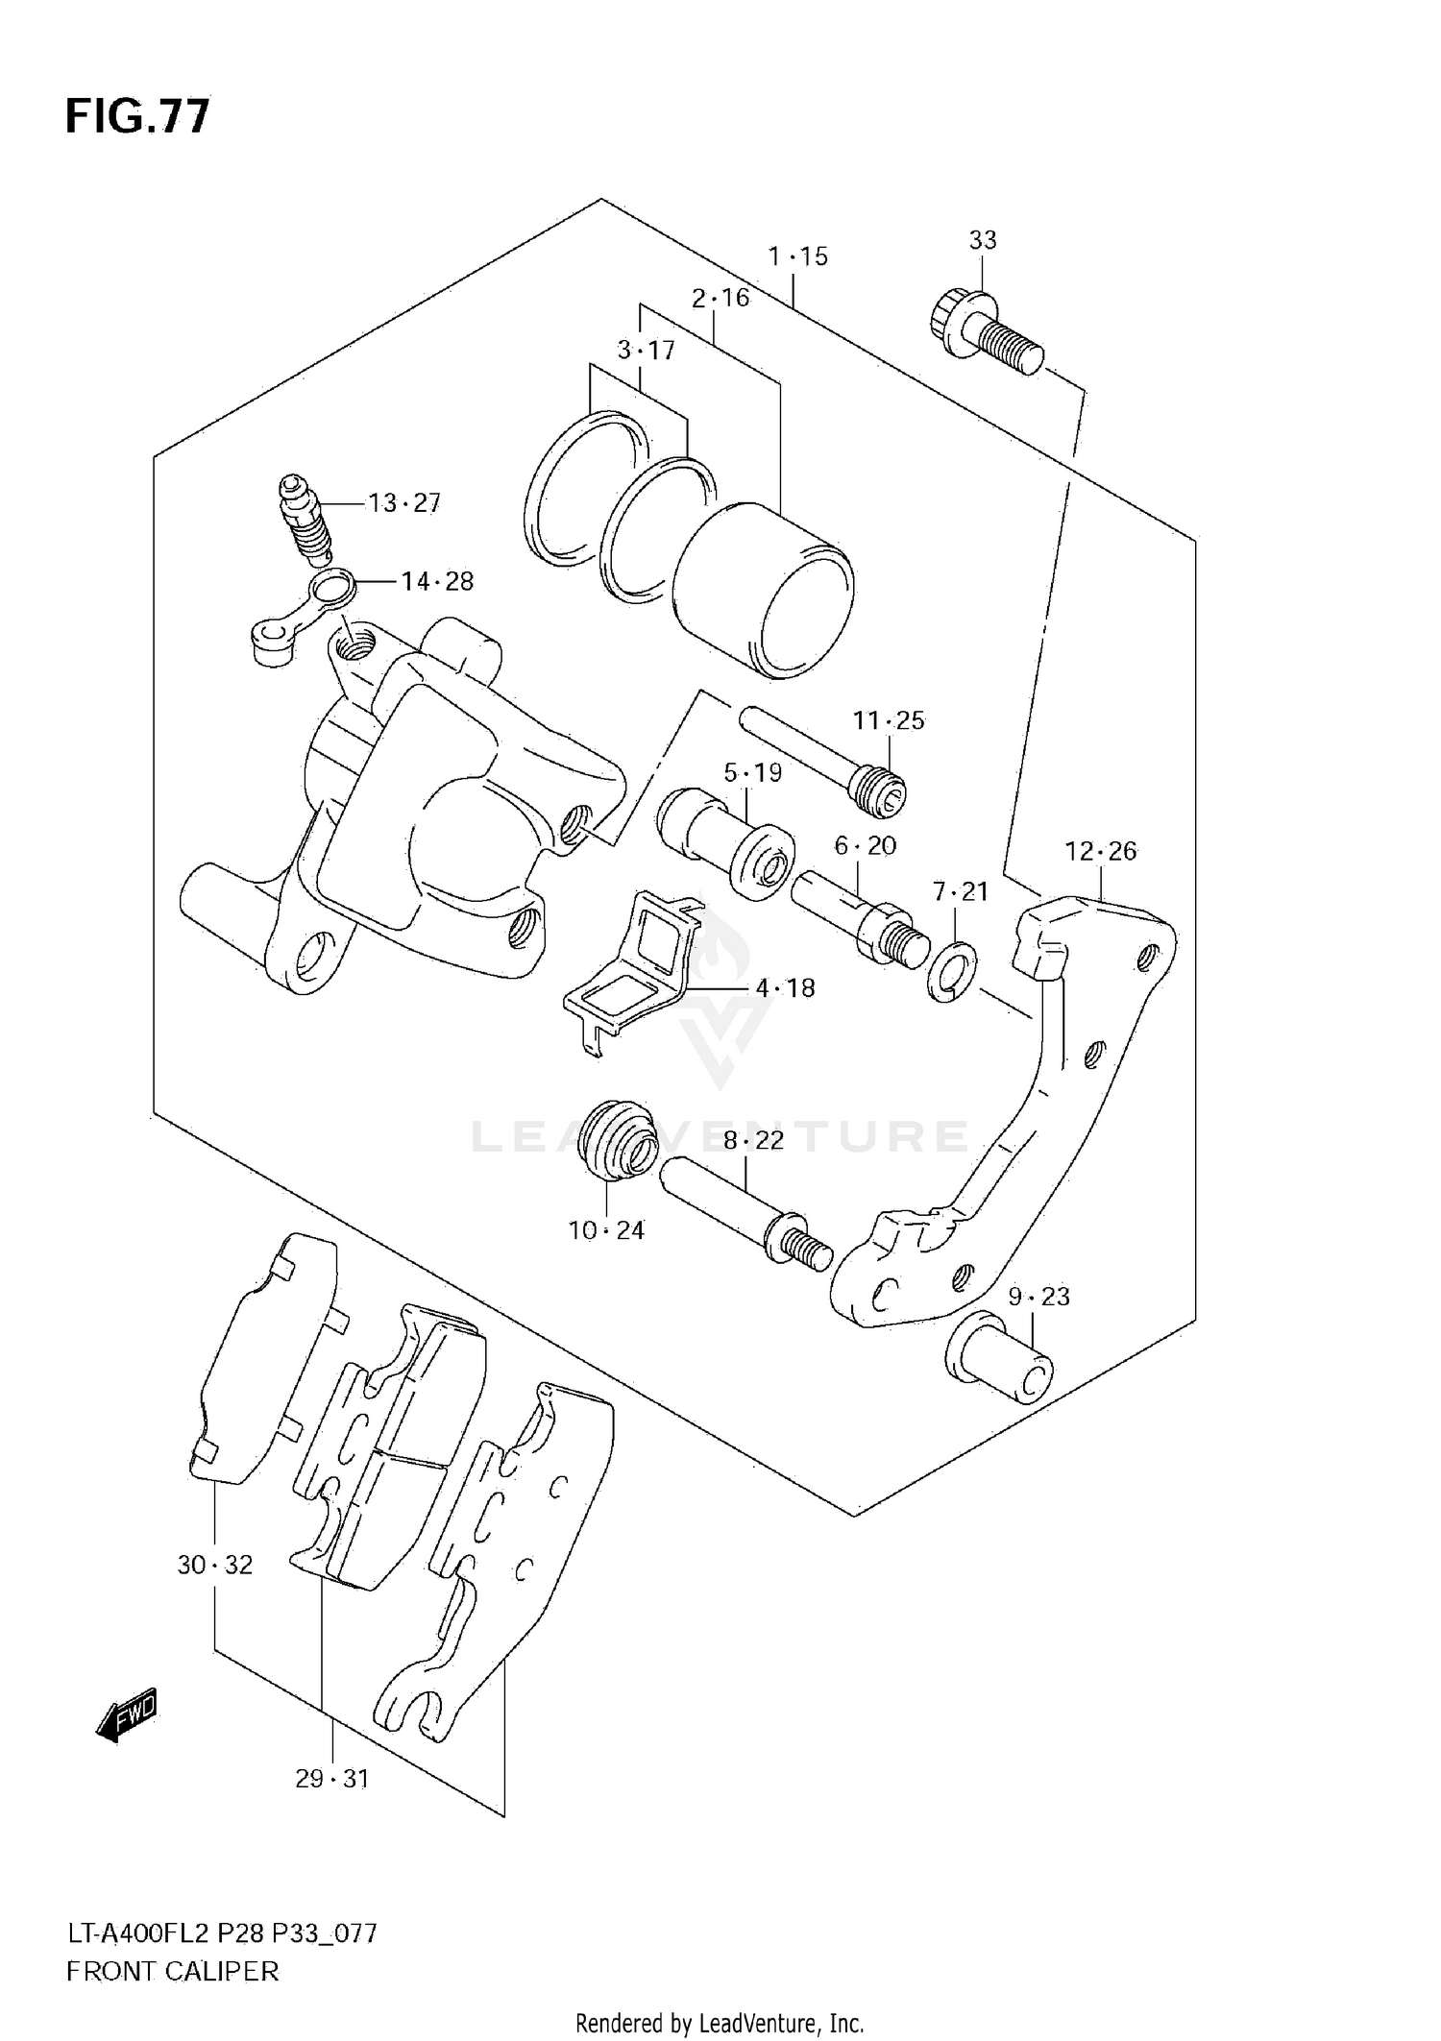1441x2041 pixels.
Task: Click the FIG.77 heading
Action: point(137,116)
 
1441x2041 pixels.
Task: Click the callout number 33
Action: point(982,239)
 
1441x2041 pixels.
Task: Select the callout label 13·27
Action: point(404,503)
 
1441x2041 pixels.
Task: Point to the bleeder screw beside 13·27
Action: point(305,519)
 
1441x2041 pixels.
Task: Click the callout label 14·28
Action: point(437,581)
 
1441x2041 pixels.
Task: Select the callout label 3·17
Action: point(646,351)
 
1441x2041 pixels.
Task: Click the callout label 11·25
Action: point(889,720)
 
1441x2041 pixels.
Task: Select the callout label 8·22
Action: point(753,1140)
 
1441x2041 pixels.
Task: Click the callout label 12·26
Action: point(1100,851)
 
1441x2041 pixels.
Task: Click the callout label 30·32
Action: point(215,1565)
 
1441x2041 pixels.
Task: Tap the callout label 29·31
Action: point(331,1779)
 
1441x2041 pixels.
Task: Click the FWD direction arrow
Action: point(126,1714)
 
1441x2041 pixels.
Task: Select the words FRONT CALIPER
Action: point(173,1971)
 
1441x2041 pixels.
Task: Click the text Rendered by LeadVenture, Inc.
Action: point(720,2024)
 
